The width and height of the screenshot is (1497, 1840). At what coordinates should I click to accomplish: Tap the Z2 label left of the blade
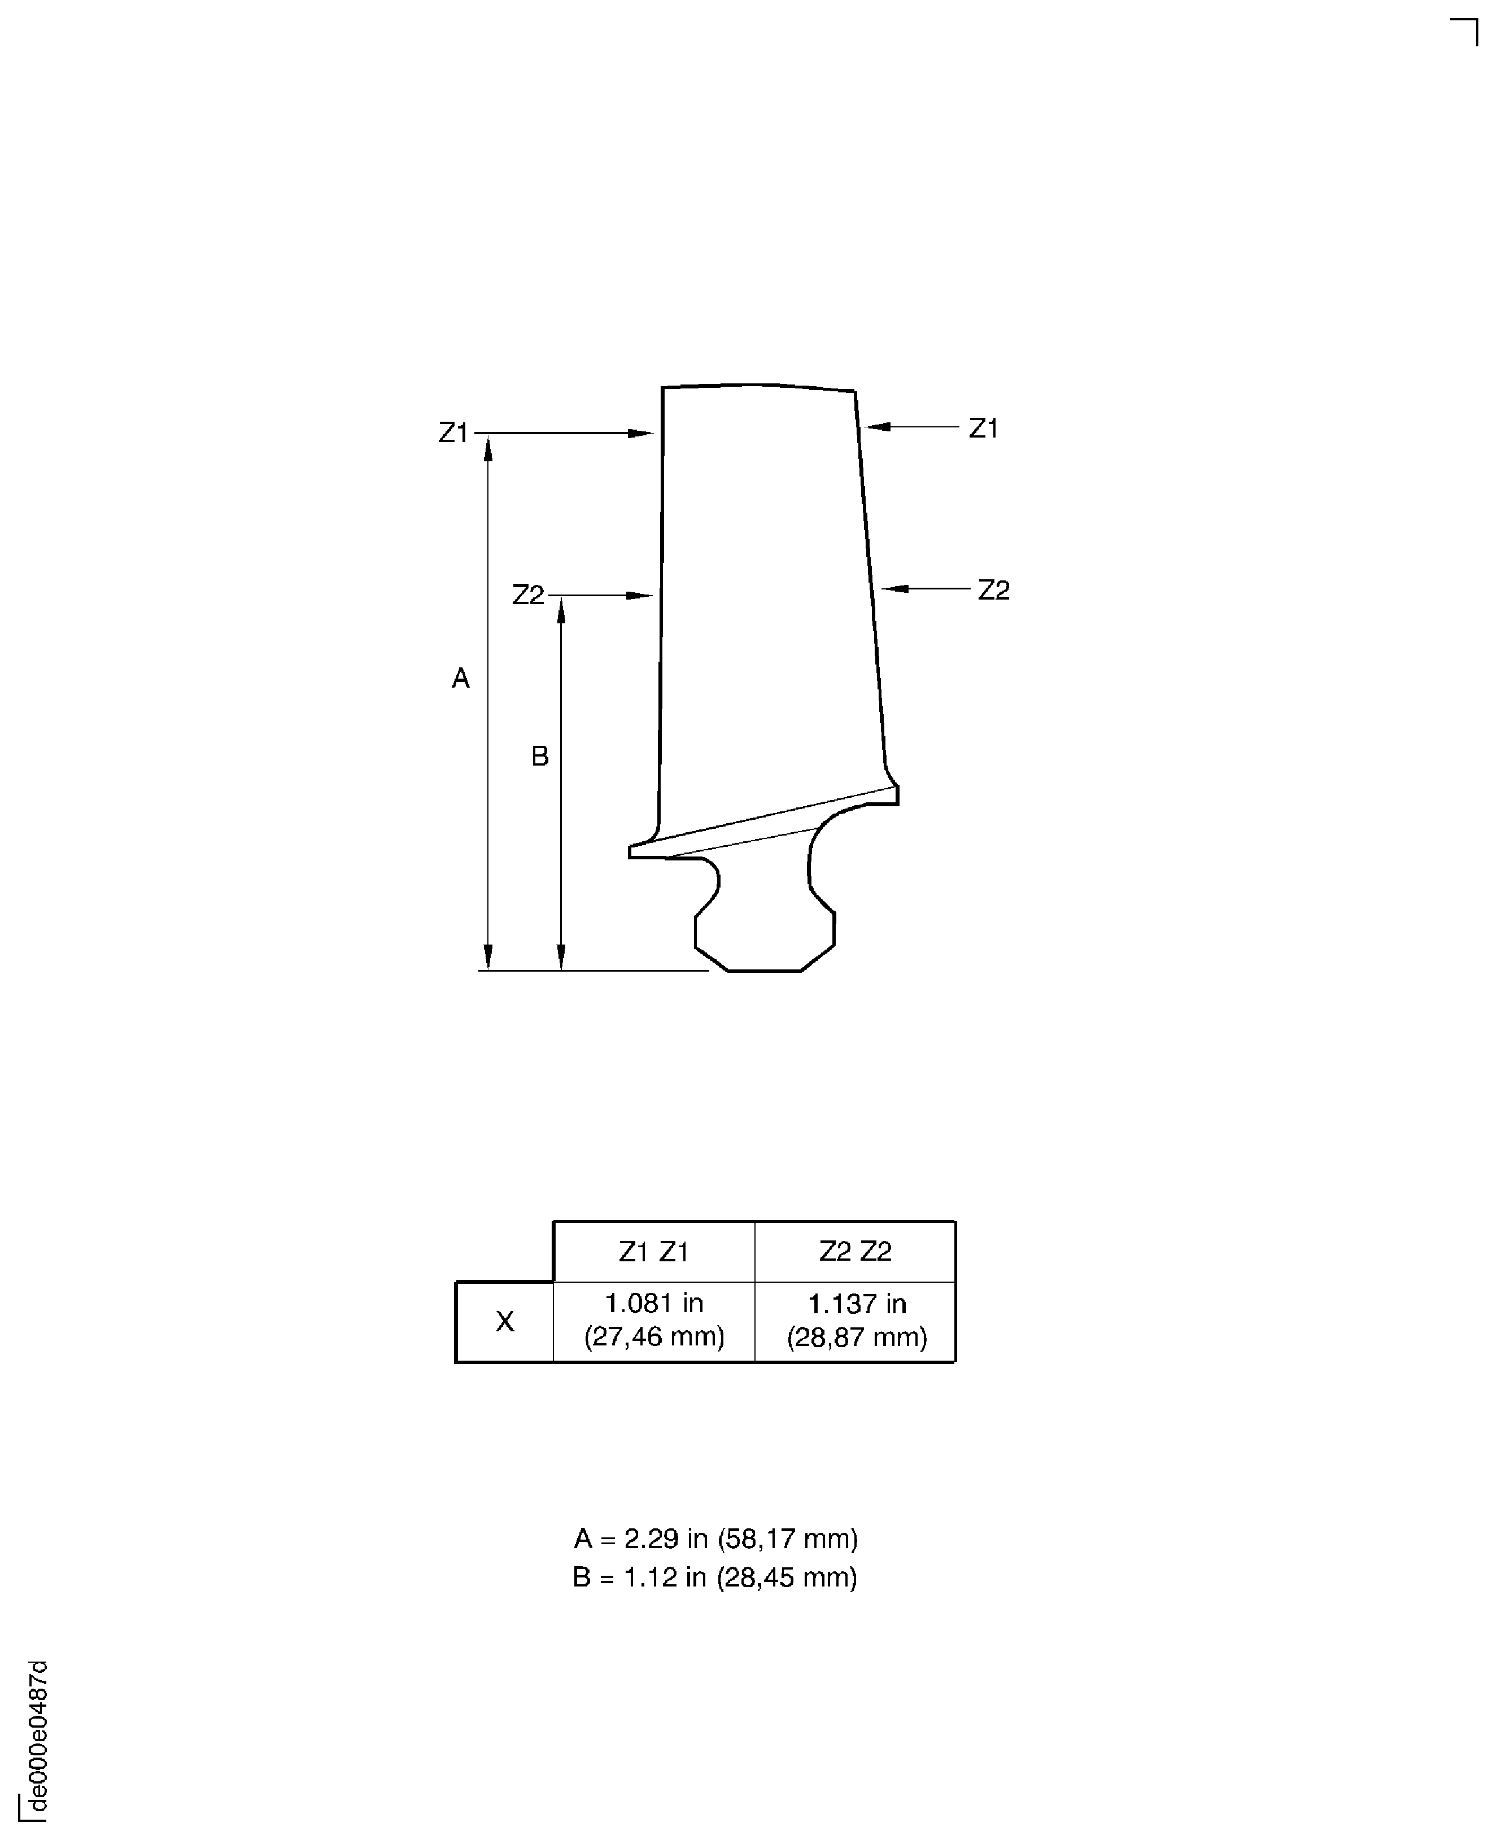pyautogui.click(x=528, y=595)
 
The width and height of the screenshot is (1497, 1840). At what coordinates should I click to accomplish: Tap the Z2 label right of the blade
pyautogui.click(x=993, y=590)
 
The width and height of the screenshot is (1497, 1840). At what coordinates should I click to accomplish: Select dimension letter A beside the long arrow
pyautogui.click(x=460, y=679)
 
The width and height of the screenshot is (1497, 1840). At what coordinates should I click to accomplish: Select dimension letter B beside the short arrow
pyautogui.click(x=540, y=756)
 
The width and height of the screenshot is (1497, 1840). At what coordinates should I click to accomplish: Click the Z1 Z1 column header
pyautogui.click(x=654, y=1251)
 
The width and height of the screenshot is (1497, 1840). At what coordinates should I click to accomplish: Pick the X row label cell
pyautogui.click(x=504, y=1321)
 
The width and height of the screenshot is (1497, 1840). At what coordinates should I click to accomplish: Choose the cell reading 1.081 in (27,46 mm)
pyautogui.click(x=654, y=1320)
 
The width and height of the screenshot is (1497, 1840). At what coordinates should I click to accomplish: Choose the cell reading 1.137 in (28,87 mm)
pyautogui.click(x=856, y=1320)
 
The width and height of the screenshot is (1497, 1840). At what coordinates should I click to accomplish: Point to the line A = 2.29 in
pyautogui.click(x=715, y=1538)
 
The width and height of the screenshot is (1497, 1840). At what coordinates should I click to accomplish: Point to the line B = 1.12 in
pyautogui.click(x=715, y=1577)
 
